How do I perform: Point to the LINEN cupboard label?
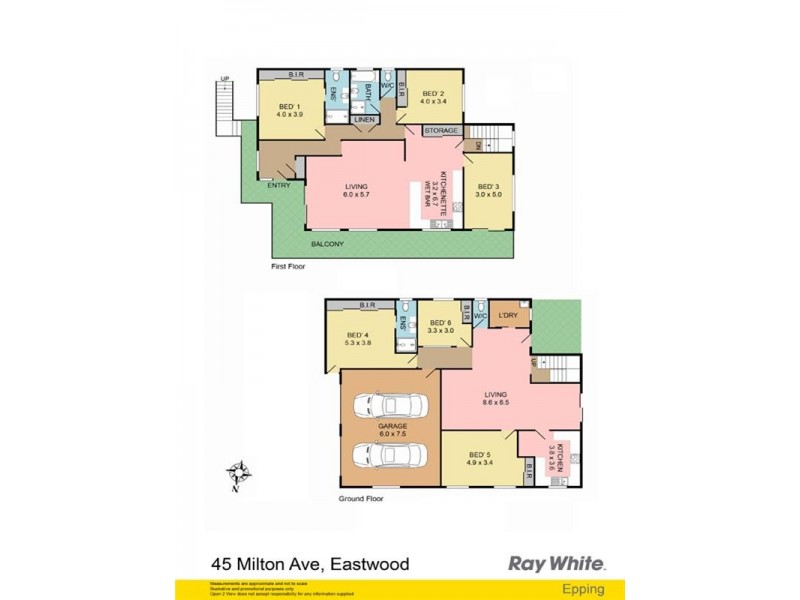click(x=363, y=121)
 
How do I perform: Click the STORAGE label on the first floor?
click(x=441, y=131)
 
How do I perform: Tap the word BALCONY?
click(x=327, y=244)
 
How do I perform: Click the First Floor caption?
click(x=288, y=267)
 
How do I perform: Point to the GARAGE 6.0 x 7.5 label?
click(x=390, y=428)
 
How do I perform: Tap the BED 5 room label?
click(x=481, y=459)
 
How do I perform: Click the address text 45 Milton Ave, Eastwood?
click(x=310, y=565)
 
